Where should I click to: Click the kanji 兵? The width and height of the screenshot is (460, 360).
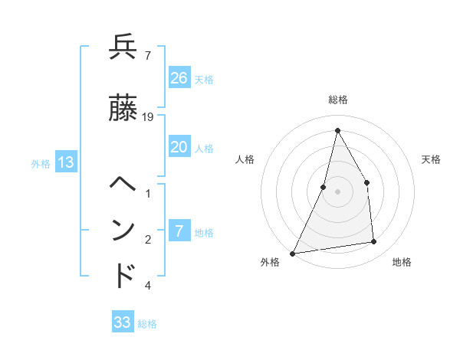pyautogui.click(x=123, y=48)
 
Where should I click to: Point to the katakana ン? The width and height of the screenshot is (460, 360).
pyautogui.click(x=123, y=229)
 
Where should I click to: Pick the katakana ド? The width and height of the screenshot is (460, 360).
pyautogui.click(x=123, y=275)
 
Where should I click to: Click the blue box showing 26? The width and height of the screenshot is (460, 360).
pyautogui.click(x=179, y=77)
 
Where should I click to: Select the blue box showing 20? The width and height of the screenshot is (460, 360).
pyautogui.click(x=179, y=147)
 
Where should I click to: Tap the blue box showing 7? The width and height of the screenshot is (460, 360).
pyautogui.click(x=179, y=231)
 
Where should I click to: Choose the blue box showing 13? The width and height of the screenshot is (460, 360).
pyautogui.click(x=66, y=162)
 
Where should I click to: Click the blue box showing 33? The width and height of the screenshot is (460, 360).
pyautogui.click(x=123, y=322)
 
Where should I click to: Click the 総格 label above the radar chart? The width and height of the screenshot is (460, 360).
pyautogui.click(x=337, y=100)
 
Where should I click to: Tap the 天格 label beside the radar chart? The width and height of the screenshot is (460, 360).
pyautogui.click(x=432, y=159)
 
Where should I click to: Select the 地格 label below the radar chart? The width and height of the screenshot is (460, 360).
pyautogui.click(x=402, y=262)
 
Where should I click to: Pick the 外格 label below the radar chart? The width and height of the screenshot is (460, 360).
pyautogui.click(x=270, y=262)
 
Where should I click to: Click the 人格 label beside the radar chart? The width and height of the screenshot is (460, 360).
pyautogui.click(x=245, y=159)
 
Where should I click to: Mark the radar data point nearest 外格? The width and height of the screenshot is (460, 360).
pyautogui.click(x=293, y=253)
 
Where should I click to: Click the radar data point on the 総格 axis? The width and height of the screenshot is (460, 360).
pyautogui.click(x=337, y=131)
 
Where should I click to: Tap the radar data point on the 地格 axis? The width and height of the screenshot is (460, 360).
pyautogui.click(x=374, y=242)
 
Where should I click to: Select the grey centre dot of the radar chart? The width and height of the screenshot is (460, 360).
pyautogui.click(x=337, y=191)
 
